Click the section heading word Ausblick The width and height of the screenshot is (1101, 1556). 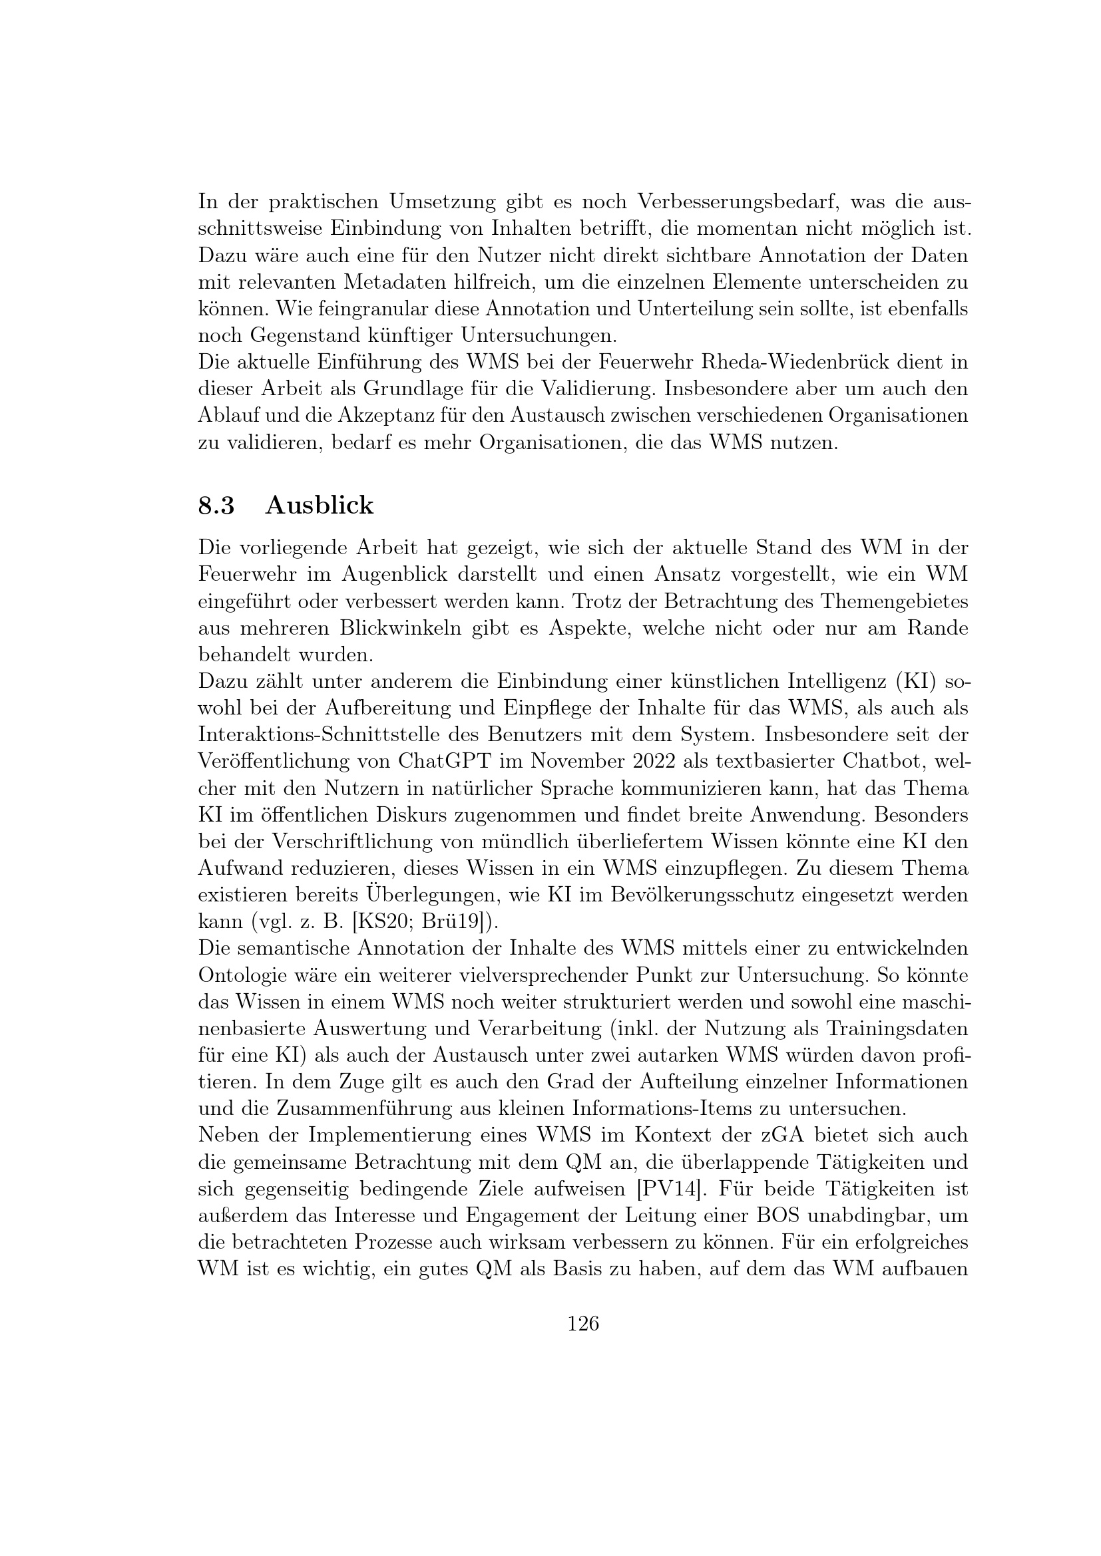320,506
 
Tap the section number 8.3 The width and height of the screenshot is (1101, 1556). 216,506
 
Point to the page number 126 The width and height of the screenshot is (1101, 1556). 583,1324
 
